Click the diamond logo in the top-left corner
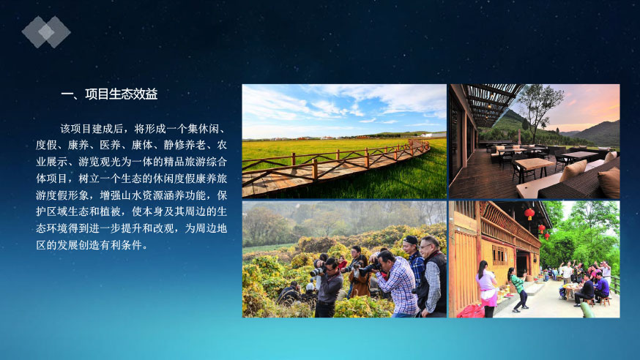click(46, 31)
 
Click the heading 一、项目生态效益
click(109, 94)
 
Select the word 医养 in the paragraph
click(110, 145)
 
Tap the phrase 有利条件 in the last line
click(121, 245)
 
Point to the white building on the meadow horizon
click(432, 135)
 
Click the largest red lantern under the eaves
click(529, 214)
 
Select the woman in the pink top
click(487, 288)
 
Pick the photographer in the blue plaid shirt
click(395, 284)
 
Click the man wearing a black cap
click(414, 261)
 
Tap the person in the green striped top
click(518, 290)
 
